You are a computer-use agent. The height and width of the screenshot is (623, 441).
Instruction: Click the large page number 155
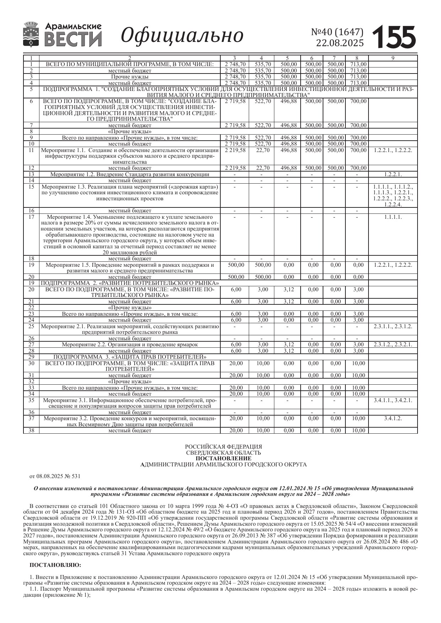tap(394, 37)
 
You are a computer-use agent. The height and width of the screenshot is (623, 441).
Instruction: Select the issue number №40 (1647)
tap(337, 32)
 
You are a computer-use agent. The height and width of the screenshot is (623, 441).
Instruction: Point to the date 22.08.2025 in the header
tap(340, 43)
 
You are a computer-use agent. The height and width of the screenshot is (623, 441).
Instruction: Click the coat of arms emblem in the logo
tap(32, 34)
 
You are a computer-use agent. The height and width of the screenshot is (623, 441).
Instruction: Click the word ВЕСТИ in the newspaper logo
tap(73, 39)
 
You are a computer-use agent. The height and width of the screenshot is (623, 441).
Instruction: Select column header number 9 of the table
tap(393, 58)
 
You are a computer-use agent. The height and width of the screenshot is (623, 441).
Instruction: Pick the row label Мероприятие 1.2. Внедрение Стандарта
tap(130, 174)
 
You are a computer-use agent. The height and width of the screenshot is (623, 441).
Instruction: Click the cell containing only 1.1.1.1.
tap(393, 217)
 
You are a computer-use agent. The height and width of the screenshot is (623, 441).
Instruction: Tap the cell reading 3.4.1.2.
tap(393, 418)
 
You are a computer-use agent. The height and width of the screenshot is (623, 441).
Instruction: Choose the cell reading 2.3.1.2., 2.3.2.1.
tap(393, 345)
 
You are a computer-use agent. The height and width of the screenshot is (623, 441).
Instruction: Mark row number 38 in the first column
tap(31, 430)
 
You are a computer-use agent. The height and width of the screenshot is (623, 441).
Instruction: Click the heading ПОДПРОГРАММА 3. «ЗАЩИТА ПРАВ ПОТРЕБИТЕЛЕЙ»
tap(130, 357)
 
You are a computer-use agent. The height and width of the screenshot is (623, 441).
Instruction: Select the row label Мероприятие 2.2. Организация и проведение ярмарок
tap(130, 345)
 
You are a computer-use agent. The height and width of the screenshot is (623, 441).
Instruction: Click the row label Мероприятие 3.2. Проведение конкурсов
tap(130, 421)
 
